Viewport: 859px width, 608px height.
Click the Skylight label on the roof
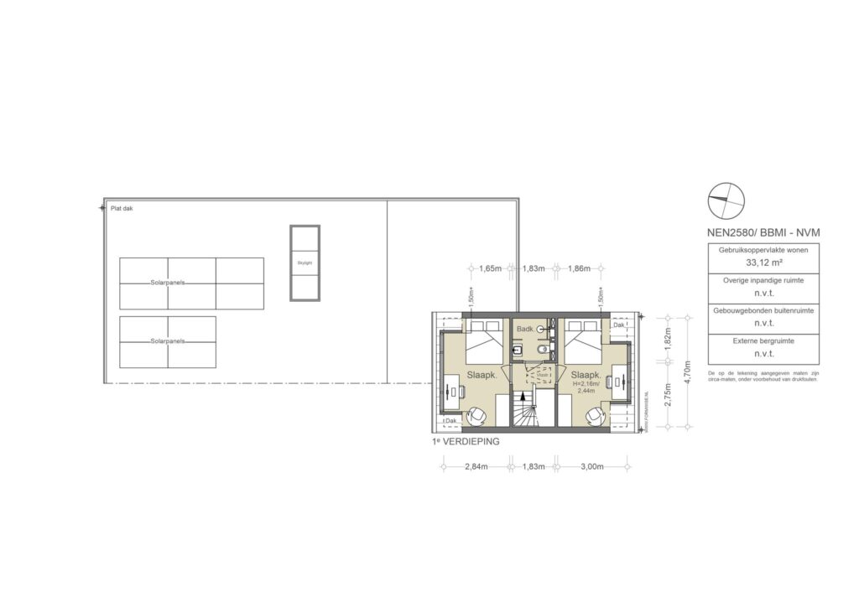[x=305, y=262]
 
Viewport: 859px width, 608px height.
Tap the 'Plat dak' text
[x=122, y=208]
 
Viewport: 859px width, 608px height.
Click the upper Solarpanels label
[x=168, y=283]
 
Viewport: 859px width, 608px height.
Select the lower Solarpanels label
[x=168, y=341]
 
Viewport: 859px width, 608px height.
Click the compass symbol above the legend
[x=726, y=199]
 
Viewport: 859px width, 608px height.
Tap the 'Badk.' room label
[x=526, y=330]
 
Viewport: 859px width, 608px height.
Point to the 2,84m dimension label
[x=476, y=467]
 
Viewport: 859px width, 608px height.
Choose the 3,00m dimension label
[x=591, y=467]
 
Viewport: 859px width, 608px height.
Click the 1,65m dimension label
[x=491, y=268]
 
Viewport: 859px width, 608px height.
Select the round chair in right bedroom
[x=595, y=415]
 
